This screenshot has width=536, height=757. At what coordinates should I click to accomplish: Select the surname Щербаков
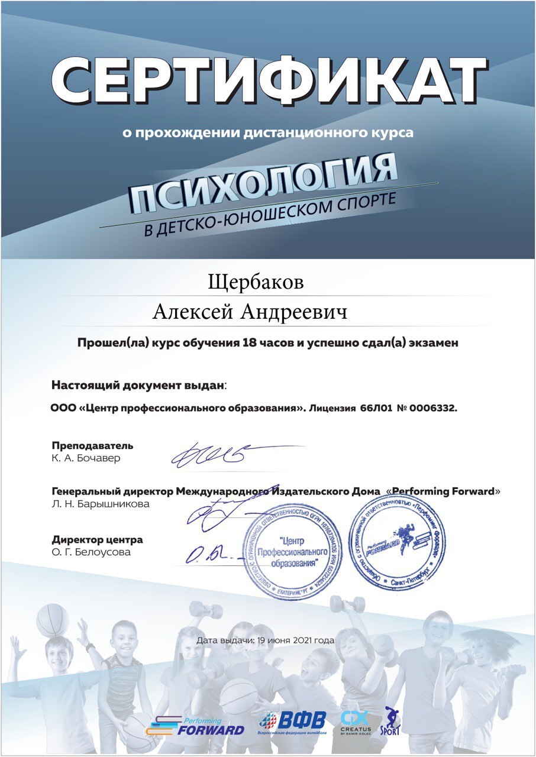tap(256, 282)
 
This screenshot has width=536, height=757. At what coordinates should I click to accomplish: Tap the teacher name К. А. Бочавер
tap(85, 458)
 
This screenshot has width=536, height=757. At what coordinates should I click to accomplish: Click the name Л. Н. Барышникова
tap(101, 504)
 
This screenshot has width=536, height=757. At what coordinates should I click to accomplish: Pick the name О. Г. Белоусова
tap(91, 552)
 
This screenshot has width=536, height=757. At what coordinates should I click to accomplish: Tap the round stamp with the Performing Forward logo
tap(396, 541)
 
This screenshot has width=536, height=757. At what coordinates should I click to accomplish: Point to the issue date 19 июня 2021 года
tap(265, 640)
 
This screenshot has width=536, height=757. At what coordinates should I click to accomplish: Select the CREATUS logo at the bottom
tap(356, 722)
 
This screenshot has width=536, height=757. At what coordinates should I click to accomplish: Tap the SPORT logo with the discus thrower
tap(390, 721)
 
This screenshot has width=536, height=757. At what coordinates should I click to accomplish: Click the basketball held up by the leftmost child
tap(52, 620)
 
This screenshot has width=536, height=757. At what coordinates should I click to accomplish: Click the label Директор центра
tap(97, 540)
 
